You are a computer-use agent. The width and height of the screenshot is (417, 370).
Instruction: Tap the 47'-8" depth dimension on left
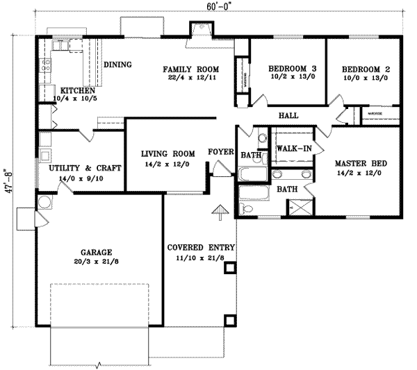point(9,182)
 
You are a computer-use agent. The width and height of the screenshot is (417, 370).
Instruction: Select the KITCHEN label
point(77,91)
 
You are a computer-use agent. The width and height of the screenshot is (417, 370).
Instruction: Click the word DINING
point(117,65)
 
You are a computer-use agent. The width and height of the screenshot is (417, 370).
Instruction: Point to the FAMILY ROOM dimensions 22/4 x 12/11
point(190,80)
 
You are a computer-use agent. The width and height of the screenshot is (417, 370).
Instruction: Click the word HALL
point(288,115)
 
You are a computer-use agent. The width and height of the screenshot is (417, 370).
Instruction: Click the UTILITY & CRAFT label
point(85,168)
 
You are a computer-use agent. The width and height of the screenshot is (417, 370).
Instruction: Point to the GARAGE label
point(95,252)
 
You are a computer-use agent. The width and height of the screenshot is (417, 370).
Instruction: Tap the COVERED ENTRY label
point(202,248)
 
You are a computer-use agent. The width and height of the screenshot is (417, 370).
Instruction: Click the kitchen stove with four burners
point(46,66)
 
